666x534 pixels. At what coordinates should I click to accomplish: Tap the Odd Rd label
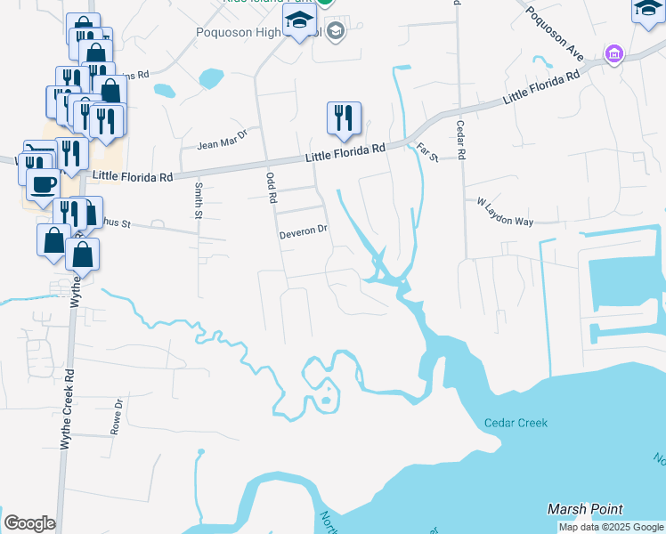point(272,187)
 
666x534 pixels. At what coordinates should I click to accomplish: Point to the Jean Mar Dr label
point(221,144)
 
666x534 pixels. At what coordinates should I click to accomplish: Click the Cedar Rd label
point(460,140)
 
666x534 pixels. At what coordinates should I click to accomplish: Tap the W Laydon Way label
point(504,212)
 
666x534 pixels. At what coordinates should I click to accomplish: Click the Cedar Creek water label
point(516,424)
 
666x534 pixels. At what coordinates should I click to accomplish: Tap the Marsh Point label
point(585,509)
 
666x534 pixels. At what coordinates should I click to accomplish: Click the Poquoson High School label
point(258,33)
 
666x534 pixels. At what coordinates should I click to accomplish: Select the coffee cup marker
point(42,183)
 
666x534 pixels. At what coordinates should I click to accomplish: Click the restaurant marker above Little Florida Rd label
point(343,118)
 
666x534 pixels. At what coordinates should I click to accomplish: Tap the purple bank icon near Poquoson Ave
point(613,54)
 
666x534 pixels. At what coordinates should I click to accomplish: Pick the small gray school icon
point(335,33)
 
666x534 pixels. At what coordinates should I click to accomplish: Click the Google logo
point(29,523)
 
